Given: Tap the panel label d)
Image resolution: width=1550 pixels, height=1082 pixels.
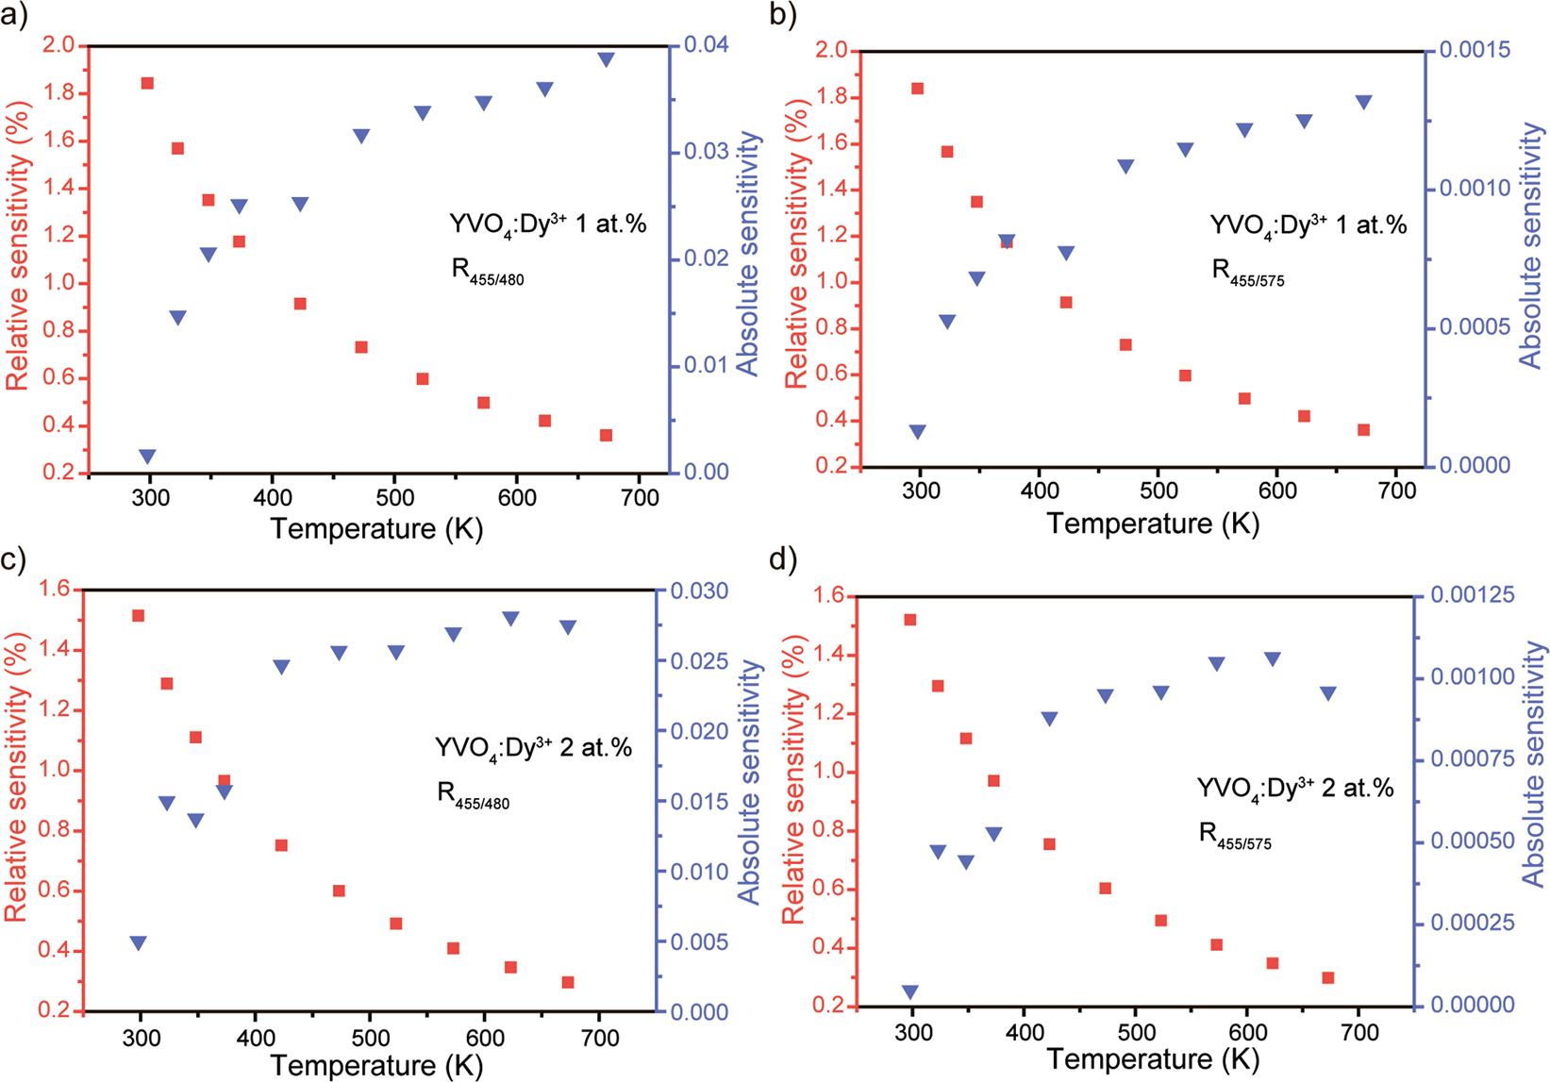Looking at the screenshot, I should coord(784,559).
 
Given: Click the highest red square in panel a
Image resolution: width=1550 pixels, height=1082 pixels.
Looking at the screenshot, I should coord(147,84).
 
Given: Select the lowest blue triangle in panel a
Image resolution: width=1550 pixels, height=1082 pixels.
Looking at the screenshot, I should coord(147,457).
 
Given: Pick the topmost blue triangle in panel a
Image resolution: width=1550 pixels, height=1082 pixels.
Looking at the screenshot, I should coord(607,59).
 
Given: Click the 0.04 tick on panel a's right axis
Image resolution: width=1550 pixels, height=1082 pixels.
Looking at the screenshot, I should coord(698,44).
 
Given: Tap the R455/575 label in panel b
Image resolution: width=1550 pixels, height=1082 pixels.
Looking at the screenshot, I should coord(1247,273).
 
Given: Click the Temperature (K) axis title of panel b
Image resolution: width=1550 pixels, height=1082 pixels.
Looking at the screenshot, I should coord(1153,524).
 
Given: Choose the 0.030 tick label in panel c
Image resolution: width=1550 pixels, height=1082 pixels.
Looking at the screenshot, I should coord(699,591).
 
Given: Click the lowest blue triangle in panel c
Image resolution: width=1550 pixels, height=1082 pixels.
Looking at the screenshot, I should coord(139,943).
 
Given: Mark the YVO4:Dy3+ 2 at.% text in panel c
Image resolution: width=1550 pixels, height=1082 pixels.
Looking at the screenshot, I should coord(533,748).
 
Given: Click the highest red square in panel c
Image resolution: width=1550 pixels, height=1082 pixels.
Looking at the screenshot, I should coord(139,616).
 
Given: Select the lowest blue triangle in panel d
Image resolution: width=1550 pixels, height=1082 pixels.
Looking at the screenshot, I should coord(909,992).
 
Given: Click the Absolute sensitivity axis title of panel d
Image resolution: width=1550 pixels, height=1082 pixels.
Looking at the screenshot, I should coord(1533,764).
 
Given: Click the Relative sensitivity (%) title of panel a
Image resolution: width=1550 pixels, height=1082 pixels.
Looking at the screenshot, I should coord(18,245).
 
